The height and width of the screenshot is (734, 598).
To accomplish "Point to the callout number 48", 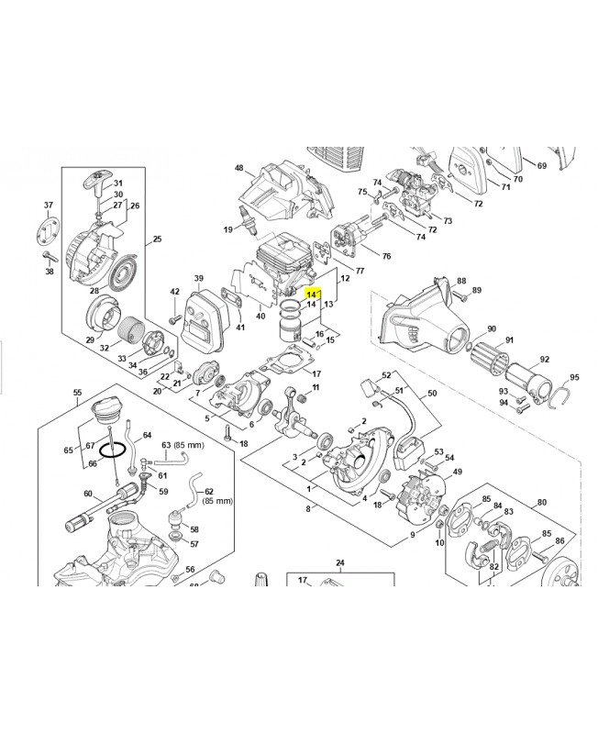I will (x=238, y=168).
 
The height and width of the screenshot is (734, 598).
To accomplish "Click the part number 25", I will (x=157, y=239).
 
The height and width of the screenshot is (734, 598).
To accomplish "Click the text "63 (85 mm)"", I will (x=183, y=445).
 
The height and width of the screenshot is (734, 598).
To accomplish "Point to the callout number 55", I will (x=77, y=394).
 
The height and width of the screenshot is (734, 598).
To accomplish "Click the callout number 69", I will (x=542, y=165).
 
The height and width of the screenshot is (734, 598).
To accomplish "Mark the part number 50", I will (x=432, y=393).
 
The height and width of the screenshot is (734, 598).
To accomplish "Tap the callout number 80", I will (x=541, y=502).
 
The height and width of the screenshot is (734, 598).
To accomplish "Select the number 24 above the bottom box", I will (x=339, y=562).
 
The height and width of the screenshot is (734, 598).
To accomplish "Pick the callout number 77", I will (x=360, y=271).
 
